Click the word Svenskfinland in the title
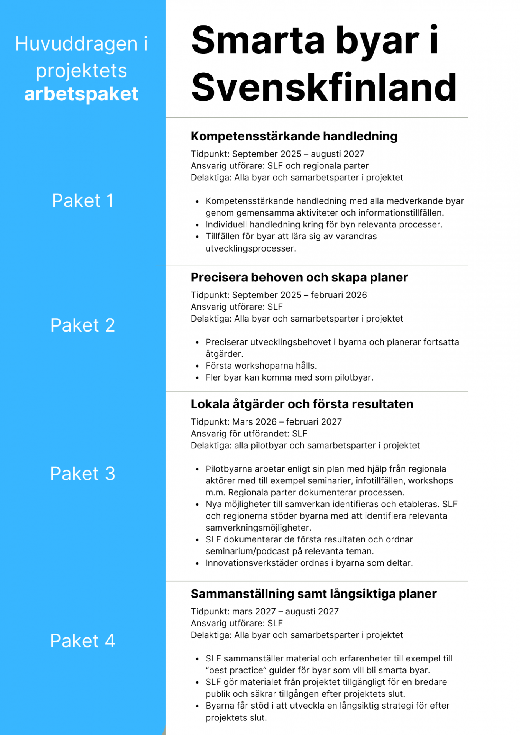click(x=324, y=88)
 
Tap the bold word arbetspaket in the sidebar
click(x=81, y=94)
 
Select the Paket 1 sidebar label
click(x=83, y=201)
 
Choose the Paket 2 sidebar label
click(x=83, y=325)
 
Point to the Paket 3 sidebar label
click(x=83, y=474)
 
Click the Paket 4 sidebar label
click(x=83, y=641)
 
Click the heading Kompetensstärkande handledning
click(x=294, y=136)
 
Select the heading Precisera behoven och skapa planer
click(x=299, y=278)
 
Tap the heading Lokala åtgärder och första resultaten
click(x=302, y=404)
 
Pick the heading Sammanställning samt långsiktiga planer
click(x=313, y=594)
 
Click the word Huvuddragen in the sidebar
click(x=76, y=44)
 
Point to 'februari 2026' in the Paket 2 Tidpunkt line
click(x=339, y=295)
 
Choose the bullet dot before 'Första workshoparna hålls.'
click(x=197, y=366)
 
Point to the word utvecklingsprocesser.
click(x=251, y=248)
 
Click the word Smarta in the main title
click(x=258, y=40)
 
